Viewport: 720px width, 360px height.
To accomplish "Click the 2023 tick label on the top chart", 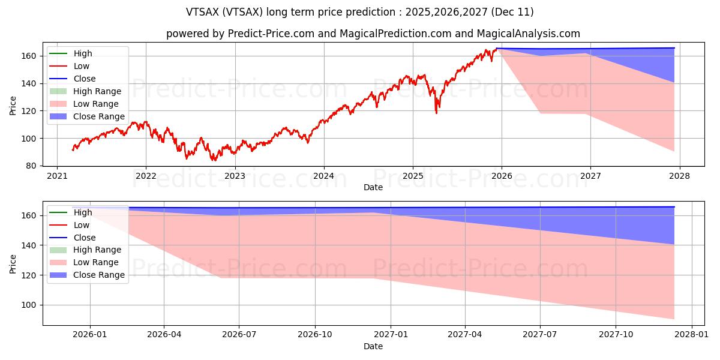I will [x=235, y=176].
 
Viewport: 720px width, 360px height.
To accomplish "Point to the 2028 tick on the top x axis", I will [x=679, y=176].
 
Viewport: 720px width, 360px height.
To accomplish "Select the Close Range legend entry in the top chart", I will [x=99, y=116].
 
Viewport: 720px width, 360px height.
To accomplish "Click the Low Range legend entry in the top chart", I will [x=96, y=104].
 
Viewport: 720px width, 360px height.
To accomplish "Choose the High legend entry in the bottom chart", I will [x=83, y=212].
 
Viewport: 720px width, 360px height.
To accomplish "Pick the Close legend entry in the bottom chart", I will [x=84, y=238].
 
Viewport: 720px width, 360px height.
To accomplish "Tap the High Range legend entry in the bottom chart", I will [x=97, y=250].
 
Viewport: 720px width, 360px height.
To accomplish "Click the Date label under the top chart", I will [x=373, y=188].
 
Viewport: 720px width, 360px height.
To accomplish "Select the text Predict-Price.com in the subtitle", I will [x=271, y=34].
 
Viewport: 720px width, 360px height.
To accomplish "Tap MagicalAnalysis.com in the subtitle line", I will [x=526, y=34].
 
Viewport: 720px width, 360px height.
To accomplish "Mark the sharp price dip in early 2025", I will [x=436, y=112].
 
